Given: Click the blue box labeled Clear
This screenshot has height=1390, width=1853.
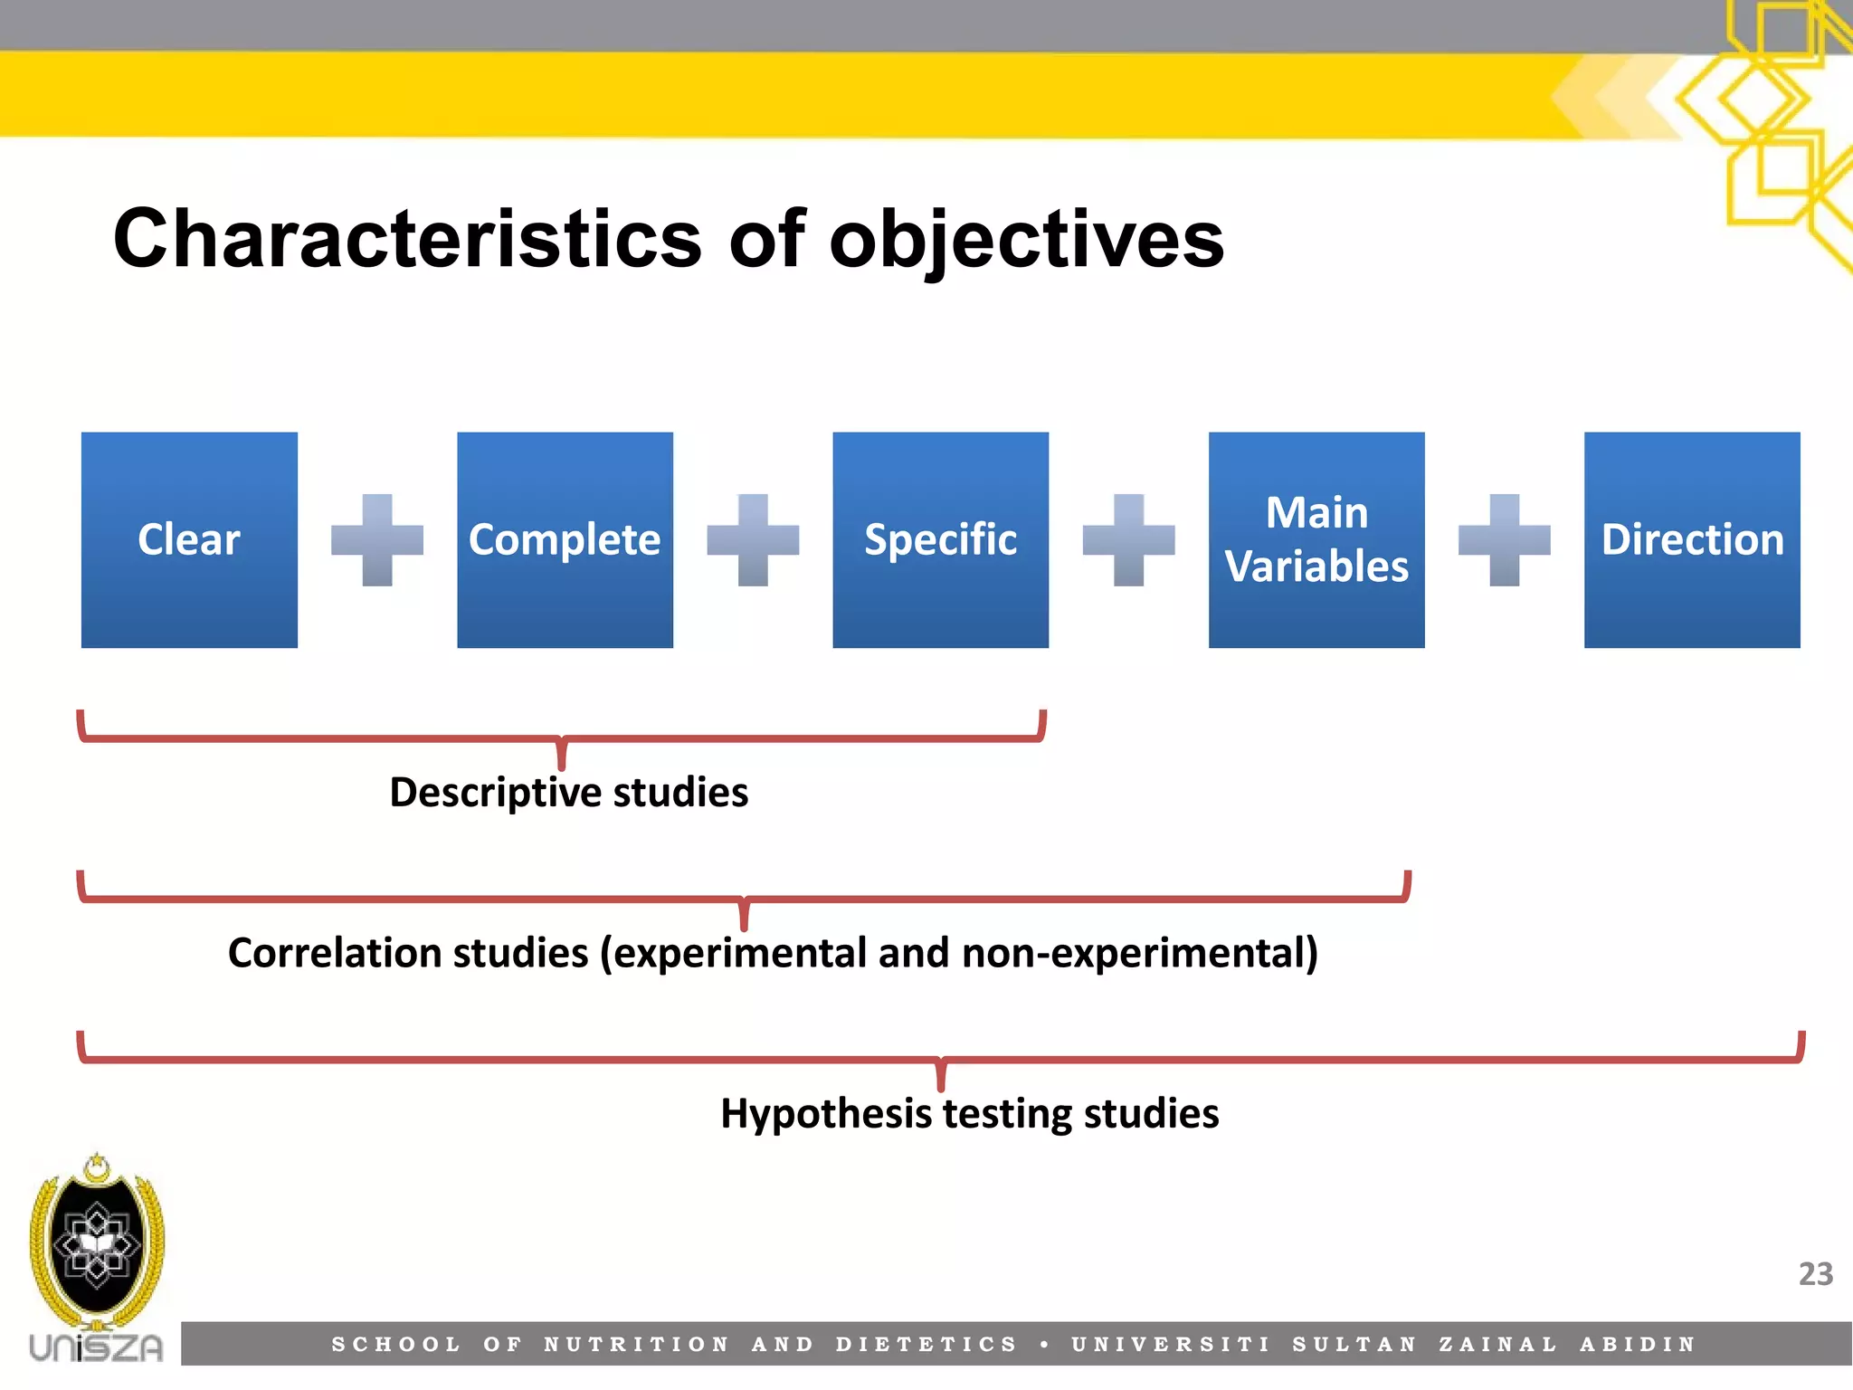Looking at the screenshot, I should [x=189, y=540].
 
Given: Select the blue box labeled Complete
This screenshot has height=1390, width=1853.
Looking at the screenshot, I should [x=565, y=540].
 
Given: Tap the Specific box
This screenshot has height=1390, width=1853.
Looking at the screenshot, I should [x=940, y=540].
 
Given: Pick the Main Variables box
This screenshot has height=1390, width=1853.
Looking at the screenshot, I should [x=1316, y=540].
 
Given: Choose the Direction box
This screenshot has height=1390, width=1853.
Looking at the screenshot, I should [x=1692, y=540].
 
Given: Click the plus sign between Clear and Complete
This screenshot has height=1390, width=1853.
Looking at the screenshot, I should [x=377, y=540].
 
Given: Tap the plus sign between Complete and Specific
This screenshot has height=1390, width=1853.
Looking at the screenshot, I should [x=753, y=540].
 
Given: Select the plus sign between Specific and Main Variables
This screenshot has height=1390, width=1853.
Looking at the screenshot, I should [x=1128, y=540].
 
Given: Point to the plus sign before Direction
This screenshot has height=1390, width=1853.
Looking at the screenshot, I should [x=1504, y=540].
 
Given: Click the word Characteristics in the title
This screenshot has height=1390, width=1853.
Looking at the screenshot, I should [x=407, y=239].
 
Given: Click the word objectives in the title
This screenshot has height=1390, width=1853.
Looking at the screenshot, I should [x=1026, y=239].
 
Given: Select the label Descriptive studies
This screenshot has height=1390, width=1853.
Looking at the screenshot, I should [x=568, y=793].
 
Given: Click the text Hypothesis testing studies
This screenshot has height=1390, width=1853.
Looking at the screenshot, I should [x=969, y=1113].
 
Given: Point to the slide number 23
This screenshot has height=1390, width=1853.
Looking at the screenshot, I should [x=1815, y=1274].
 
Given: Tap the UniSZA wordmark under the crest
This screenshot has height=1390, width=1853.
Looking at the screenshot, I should [x=96, y=1347].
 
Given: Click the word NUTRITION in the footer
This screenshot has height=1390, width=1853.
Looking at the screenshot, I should [x=636, y=1345].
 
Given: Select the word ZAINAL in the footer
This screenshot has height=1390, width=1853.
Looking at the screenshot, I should [x=1498, y=1345].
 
